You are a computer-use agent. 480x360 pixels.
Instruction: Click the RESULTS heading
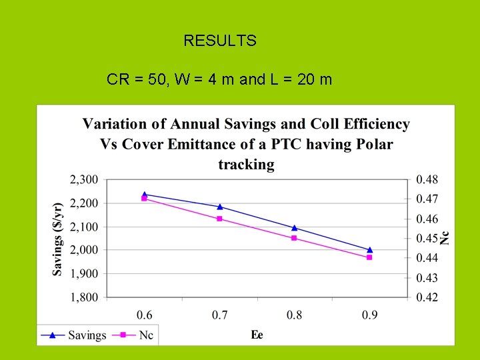point(219,41)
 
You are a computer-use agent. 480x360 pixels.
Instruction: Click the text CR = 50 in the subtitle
point(137,80)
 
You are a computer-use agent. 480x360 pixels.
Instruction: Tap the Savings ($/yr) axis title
point(58,238)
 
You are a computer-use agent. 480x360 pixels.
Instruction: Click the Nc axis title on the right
point(445,237)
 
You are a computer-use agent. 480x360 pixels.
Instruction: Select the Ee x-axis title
point(257,335)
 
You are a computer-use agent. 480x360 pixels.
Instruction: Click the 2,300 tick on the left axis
point(83,179)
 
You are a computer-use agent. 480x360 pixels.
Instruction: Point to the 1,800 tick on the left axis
point(83,297)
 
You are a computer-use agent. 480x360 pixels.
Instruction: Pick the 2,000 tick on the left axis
point(83,250)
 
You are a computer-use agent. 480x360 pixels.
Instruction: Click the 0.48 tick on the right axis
point(427,179)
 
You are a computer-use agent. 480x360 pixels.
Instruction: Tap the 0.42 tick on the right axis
point(427,297)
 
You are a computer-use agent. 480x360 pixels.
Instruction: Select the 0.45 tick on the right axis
point(427,238)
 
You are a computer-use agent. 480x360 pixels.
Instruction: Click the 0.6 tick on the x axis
point(144,315)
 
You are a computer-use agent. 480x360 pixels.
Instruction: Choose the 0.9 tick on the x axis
point(370,315)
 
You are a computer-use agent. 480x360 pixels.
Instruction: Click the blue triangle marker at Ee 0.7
point(219,207)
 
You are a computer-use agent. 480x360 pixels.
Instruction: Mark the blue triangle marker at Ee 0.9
point(370,249)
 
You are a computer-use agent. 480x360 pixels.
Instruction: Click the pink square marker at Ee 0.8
point(294,238)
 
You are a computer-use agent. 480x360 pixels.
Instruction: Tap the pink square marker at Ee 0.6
point(144,199)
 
